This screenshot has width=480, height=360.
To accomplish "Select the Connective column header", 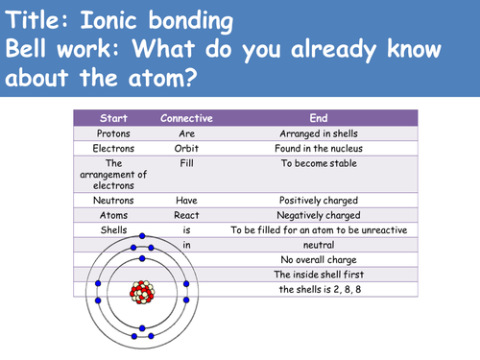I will (x=186, y=117).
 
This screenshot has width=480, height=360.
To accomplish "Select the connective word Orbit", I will (x=186, y=149).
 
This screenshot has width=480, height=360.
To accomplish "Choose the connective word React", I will (x=186, y=216).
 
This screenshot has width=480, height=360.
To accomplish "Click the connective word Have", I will (x=186, y=201).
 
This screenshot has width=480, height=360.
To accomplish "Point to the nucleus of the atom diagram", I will (x=142, y=291).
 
